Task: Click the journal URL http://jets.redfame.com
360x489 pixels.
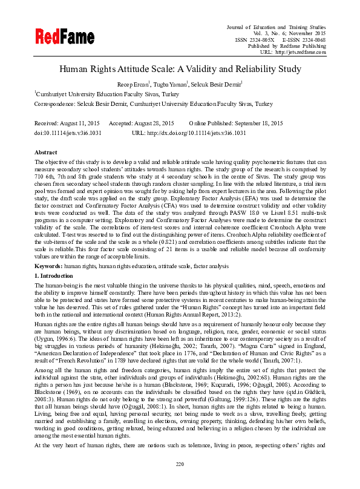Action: pos(301,53)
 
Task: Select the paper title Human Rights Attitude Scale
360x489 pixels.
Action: pos(180,69)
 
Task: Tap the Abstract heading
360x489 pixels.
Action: pos(46,153)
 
